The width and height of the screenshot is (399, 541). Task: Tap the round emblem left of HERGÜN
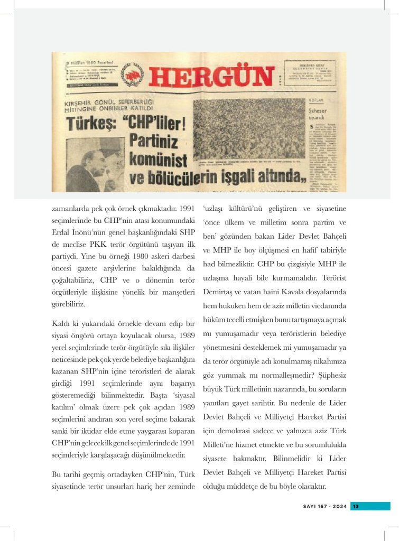[x=132, y=75]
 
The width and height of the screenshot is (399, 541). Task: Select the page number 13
[x=356, y=506]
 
